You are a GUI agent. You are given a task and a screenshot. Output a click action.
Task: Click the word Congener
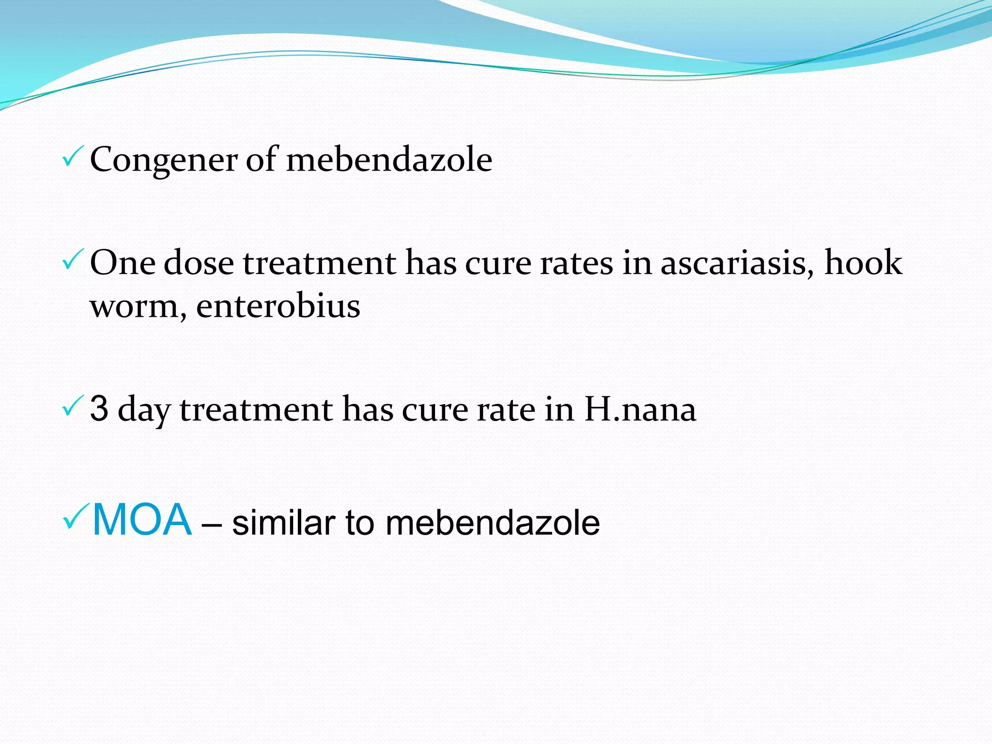pyautogui.click(x=164, y=160)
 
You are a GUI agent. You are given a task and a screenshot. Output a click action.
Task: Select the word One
pyautogui.click(x=123, y=263)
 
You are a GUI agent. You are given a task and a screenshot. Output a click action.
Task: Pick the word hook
pyautogui.click(x=864, y=263)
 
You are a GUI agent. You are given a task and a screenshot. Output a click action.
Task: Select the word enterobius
pyautogui.click(x=278, y=306)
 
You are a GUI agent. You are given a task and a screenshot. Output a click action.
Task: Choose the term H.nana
pyautogui.click(x=640, y=409)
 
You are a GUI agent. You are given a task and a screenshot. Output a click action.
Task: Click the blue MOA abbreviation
pyautogui.click(x=142, y=520)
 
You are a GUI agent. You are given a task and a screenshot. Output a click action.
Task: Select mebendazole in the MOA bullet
pyautogui.click(x=493, y=523)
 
